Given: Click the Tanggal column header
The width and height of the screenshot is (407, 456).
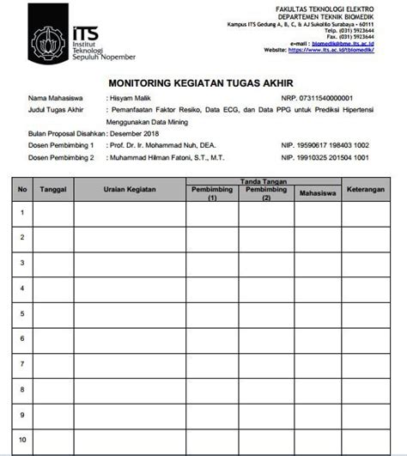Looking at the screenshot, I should point(53,189).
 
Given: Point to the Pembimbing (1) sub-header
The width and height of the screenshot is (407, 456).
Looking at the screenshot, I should point(211,193).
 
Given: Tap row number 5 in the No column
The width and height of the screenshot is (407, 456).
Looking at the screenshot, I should point(22,314).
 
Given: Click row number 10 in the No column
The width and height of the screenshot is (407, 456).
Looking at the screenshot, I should point(22,441).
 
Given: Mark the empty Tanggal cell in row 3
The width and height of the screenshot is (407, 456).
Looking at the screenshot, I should point(53,263).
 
